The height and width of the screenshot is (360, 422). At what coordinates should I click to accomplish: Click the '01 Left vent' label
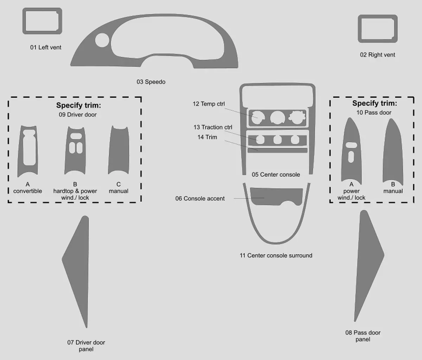pyautogui.click(x=46, y=48)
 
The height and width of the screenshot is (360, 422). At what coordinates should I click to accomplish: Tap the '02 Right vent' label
pyautogui.click(x=377, y=55)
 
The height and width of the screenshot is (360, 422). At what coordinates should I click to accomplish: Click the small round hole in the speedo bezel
pyautogui.click(x=102, y=40)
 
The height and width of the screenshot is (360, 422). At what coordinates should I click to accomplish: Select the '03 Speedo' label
pyautogui.click(x=151, y=82)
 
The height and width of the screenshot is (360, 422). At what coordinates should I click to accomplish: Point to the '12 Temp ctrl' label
pyautogui.click(x=209, y=104)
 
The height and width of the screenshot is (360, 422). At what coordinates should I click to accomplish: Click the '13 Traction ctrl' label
pyautogui.click(x=213, y=127)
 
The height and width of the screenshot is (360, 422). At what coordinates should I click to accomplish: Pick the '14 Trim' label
pyautogui.click(x=207, y=137)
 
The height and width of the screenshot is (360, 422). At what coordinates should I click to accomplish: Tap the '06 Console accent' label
pyautogui.click(x=200, y=198)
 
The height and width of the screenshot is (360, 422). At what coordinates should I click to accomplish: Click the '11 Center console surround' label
pyautogui.click(x=276, y=255)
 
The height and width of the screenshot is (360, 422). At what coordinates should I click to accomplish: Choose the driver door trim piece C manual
pyautogui.click(x=119, y=151)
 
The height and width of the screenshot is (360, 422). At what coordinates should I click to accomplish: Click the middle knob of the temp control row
pyautogui.click(x=277, y=118)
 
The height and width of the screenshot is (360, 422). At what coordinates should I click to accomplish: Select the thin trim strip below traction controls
pyautogui.click(x=277, y=150)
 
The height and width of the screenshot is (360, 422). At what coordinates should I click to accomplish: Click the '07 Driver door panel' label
pyautogui.click(x=86, y=346)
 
